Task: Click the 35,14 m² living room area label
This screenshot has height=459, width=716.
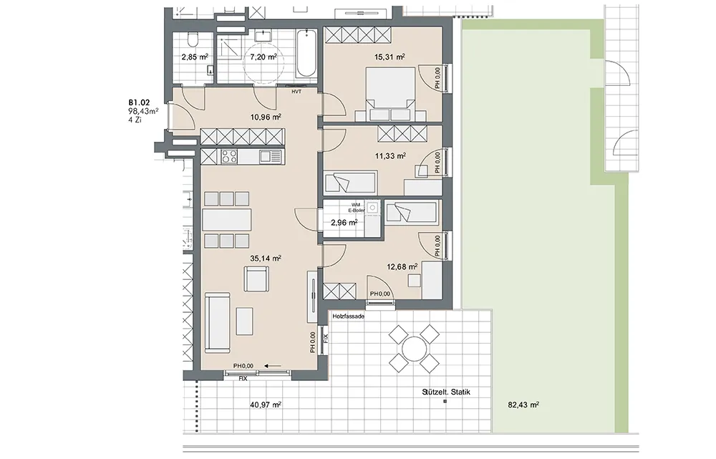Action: tap(266, 258)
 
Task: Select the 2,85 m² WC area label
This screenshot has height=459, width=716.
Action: tap(195, 57)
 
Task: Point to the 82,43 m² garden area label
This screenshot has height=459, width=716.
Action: tap(523, 405)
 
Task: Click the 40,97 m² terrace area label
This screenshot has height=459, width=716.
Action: tap(266, 405)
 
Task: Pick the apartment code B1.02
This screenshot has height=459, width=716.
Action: tap(139, 103)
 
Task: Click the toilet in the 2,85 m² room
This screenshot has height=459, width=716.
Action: tap(193, 39)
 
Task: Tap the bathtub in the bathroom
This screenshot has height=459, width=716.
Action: tap(306, 54)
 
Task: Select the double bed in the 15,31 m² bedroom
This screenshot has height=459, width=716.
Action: tap(390, 94)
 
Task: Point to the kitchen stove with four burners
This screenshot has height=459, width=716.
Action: tap(229, 157)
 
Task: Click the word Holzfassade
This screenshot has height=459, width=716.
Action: tap(349, 316)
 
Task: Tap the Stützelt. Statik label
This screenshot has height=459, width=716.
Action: tap(446, 392)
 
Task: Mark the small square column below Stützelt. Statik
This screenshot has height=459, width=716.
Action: tap(445, 402)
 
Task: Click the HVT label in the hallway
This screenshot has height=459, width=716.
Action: tap(297, 92)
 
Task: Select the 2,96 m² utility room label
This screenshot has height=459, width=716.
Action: tap(344, 223)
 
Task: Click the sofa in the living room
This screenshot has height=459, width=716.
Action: tap(218, 322)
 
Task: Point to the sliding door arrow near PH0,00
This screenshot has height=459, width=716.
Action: tap(273, 365)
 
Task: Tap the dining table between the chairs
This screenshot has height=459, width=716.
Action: tap(227, 219)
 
